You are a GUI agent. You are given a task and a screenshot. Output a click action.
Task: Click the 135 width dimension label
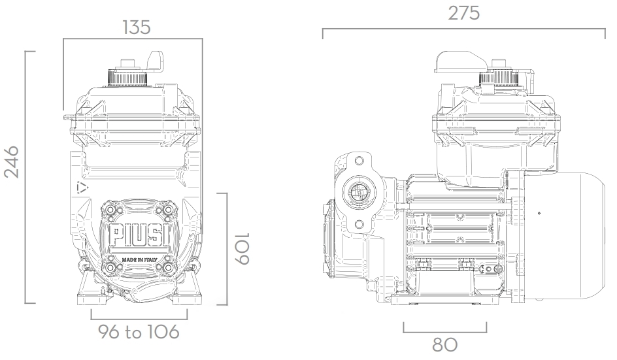[136, 27]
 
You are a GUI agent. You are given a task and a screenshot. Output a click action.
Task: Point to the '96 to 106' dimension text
[138, 332]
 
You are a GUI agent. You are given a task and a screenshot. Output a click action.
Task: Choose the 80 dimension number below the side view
[444, 345]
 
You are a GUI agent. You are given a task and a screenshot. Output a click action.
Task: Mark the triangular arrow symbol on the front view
[82, 188]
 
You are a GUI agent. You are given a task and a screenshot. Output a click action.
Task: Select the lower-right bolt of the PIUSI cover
[169, 267]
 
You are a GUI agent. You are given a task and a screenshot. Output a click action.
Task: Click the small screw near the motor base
[499, 270]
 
